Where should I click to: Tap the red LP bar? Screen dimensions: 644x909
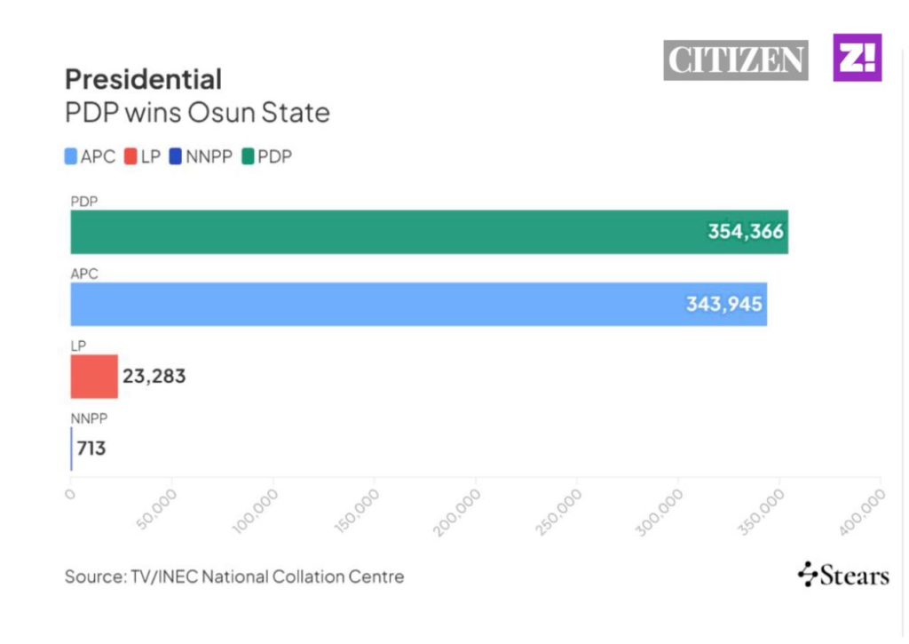click(94, 377)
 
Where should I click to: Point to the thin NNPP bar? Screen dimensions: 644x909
click(71, 449)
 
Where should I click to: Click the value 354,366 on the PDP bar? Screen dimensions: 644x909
click(746, 232)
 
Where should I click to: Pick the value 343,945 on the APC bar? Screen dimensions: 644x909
click(723, 305)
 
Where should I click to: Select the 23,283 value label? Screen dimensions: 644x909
click(154, 377)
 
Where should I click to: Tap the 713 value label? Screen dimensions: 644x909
click(91, 449)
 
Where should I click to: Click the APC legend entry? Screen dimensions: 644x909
click(91, 157)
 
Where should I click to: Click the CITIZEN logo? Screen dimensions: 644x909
click(736, 60)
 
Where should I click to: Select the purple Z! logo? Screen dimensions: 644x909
click(857, 58)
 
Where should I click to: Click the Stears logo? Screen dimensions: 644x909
click(843, 576)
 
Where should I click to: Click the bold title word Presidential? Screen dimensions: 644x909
click(143, 80)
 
